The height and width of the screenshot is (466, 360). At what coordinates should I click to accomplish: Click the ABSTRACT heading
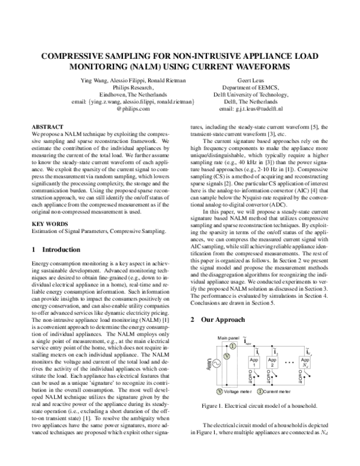tap(47, 127)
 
